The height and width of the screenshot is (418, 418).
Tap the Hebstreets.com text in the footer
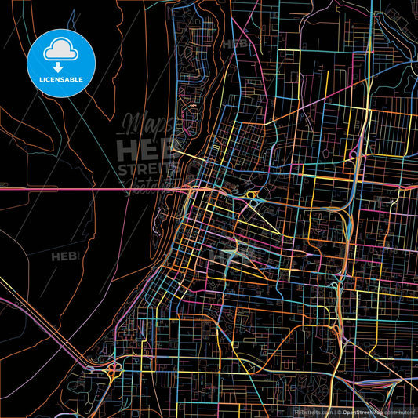(x=313, y=412)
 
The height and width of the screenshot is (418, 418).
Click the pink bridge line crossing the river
(x=94, y=188)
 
